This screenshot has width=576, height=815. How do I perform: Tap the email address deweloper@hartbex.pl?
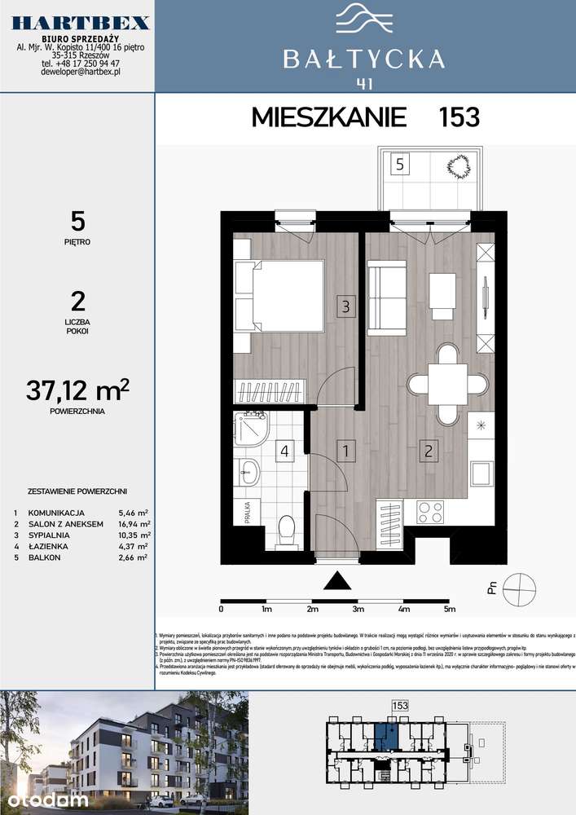[x=81, y=73]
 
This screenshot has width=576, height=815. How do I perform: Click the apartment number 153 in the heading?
[x=459, y=117]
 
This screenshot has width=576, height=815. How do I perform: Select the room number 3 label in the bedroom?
[x=345, y=307]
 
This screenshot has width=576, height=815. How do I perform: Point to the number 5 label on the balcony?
[x=399, y=163]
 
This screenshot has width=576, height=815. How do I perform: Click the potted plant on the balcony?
[x=458, y=168]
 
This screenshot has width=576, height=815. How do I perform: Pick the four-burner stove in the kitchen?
[x=431, y=511]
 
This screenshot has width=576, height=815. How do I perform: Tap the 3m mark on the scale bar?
[x=357, y=609]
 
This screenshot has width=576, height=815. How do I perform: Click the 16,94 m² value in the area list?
[x=134, y=524]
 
